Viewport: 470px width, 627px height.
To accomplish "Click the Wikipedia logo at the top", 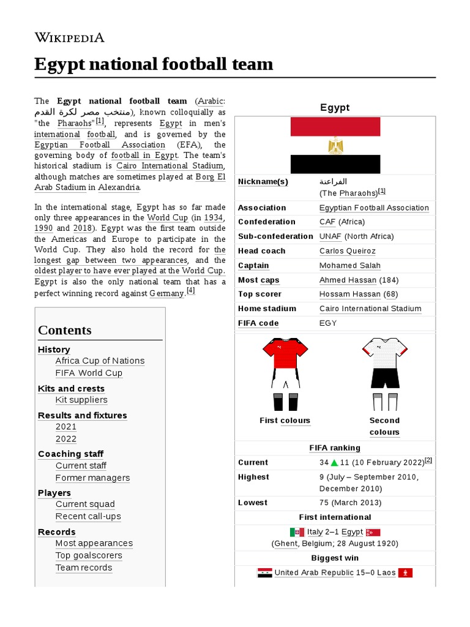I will point(69,38).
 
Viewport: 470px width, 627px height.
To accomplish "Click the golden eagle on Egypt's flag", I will point(335,146).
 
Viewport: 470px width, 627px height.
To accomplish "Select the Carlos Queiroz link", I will point(347,251).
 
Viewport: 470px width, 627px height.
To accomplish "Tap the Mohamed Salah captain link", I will point(349,266).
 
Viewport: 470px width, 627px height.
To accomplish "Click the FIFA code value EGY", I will point(328,323).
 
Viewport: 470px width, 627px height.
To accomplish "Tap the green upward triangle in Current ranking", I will point(335,463).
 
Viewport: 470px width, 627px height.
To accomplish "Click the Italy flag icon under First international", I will point(297,532).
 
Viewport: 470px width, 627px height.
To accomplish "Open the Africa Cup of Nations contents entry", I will point(100,361).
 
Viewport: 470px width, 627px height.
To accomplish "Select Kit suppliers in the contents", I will point(81,400).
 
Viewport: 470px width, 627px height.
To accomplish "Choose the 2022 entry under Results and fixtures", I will point(66,439).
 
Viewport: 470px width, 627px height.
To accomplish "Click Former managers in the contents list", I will point(92,478).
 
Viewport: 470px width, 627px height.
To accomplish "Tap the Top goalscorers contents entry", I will point(89,555).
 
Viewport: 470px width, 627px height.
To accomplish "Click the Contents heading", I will point(64,330).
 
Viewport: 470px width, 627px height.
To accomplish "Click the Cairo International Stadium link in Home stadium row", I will point(370,309).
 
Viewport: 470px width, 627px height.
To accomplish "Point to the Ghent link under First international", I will point(285,544).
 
